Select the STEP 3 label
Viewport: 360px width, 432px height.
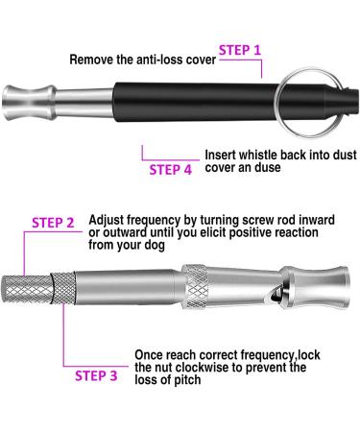[x=98, y=375]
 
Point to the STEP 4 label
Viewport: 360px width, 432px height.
[x=171, y=170]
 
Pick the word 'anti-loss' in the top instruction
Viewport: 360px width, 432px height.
[x=155, y=60]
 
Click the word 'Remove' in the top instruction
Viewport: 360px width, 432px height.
[x=93, y=60]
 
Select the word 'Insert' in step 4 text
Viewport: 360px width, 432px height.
[x=224, y=154]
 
